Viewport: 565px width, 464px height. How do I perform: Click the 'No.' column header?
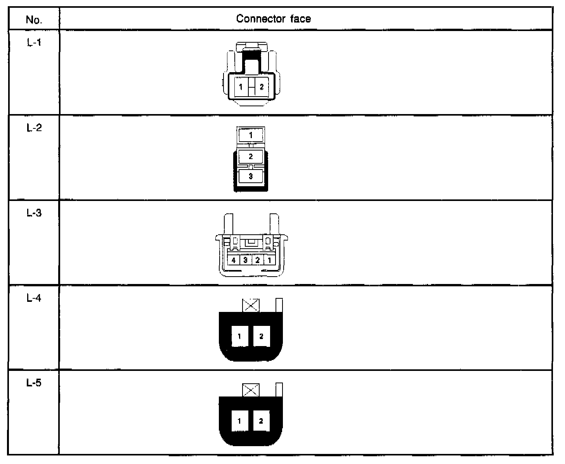[34, 19]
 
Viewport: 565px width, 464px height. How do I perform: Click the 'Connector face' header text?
[274, 19]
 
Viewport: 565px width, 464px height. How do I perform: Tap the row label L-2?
[34, 128]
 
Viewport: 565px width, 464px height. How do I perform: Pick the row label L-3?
[34, 213]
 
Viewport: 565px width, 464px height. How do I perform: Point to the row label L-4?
[34, 298]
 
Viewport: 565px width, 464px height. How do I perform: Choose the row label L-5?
[34, 383]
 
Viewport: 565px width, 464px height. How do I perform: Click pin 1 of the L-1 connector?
[241, 87]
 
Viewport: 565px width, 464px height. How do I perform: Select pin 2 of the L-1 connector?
[261, 87]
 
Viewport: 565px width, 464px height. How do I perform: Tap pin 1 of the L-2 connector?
[251, 135]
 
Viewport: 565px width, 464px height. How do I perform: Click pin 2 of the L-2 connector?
[251, 156]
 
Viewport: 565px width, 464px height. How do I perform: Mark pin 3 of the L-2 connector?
[251, 177]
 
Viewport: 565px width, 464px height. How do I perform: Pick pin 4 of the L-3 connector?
[234, 260]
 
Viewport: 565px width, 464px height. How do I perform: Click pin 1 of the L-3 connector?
[269, 260]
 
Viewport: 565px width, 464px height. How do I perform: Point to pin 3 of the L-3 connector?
[246, 260]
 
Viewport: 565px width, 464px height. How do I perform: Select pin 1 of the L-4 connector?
[239, 336]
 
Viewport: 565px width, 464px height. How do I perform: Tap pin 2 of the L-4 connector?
[261, 336]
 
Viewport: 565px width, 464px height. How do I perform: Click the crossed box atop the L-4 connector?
[251, 305]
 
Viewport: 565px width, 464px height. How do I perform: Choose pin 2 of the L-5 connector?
[261, 421]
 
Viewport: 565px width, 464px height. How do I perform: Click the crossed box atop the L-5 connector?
[251, 390]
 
